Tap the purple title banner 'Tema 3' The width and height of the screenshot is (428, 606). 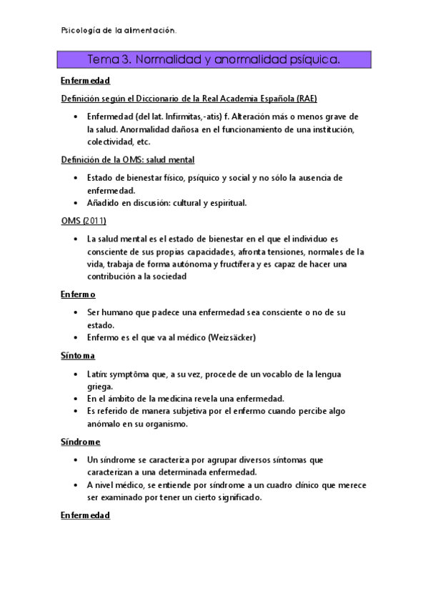click(214, 59)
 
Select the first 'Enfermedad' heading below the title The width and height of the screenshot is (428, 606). click(85, 81)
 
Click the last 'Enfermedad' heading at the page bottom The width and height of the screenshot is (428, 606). click(85, 515)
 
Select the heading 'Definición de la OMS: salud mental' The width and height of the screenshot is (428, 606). click(128, 159)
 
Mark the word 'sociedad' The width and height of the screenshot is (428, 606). click(164, 277)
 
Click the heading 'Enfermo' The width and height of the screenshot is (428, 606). click(78, 294)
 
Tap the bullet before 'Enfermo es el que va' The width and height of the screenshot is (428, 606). click(76, 337)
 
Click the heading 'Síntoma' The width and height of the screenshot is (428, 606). click(78, 355)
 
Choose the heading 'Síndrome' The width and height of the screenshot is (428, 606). click(80, 442)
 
